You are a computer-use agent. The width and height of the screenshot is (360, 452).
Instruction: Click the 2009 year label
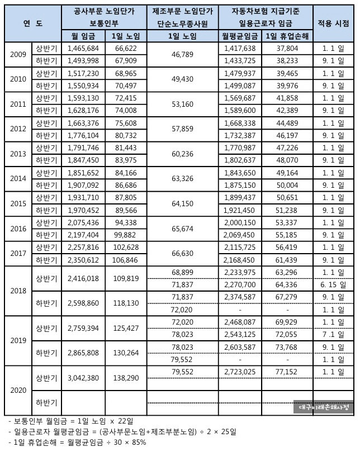pos(18,55)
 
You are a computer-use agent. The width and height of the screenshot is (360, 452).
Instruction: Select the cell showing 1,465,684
pos(83,49)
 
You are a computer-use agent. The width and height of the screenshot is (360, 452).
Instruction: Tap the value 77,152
pos(287,371)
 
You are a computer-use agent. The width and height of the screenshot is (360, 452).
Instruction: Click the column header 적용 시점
pos(334,23)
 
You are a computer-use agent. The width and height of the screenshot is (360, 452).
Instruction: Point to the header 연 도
pos(33,23)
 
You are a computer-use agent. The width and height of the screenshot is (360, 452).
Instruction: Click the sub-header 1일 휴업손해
pos(287,36)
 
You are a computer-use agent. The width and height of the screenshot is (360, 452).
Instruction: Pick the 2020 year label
pos(18,389)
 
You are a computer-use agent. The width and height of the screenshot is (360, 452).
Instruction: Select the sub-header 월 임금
pos(83,36)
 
